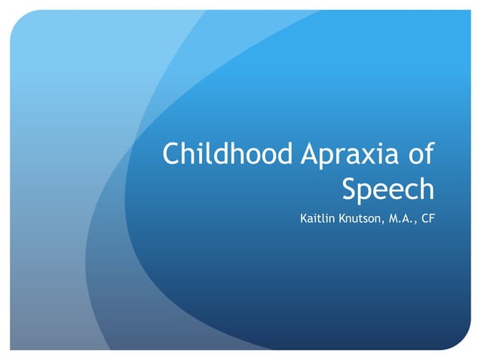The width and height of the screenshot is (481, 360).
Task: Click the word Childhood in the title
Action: (x=227, y=154)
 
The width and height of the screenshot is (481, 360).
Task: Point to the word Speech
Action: (x=388, y=188)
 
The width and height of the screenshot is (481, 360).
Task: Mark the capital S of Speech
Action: (x=350, y=188)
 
